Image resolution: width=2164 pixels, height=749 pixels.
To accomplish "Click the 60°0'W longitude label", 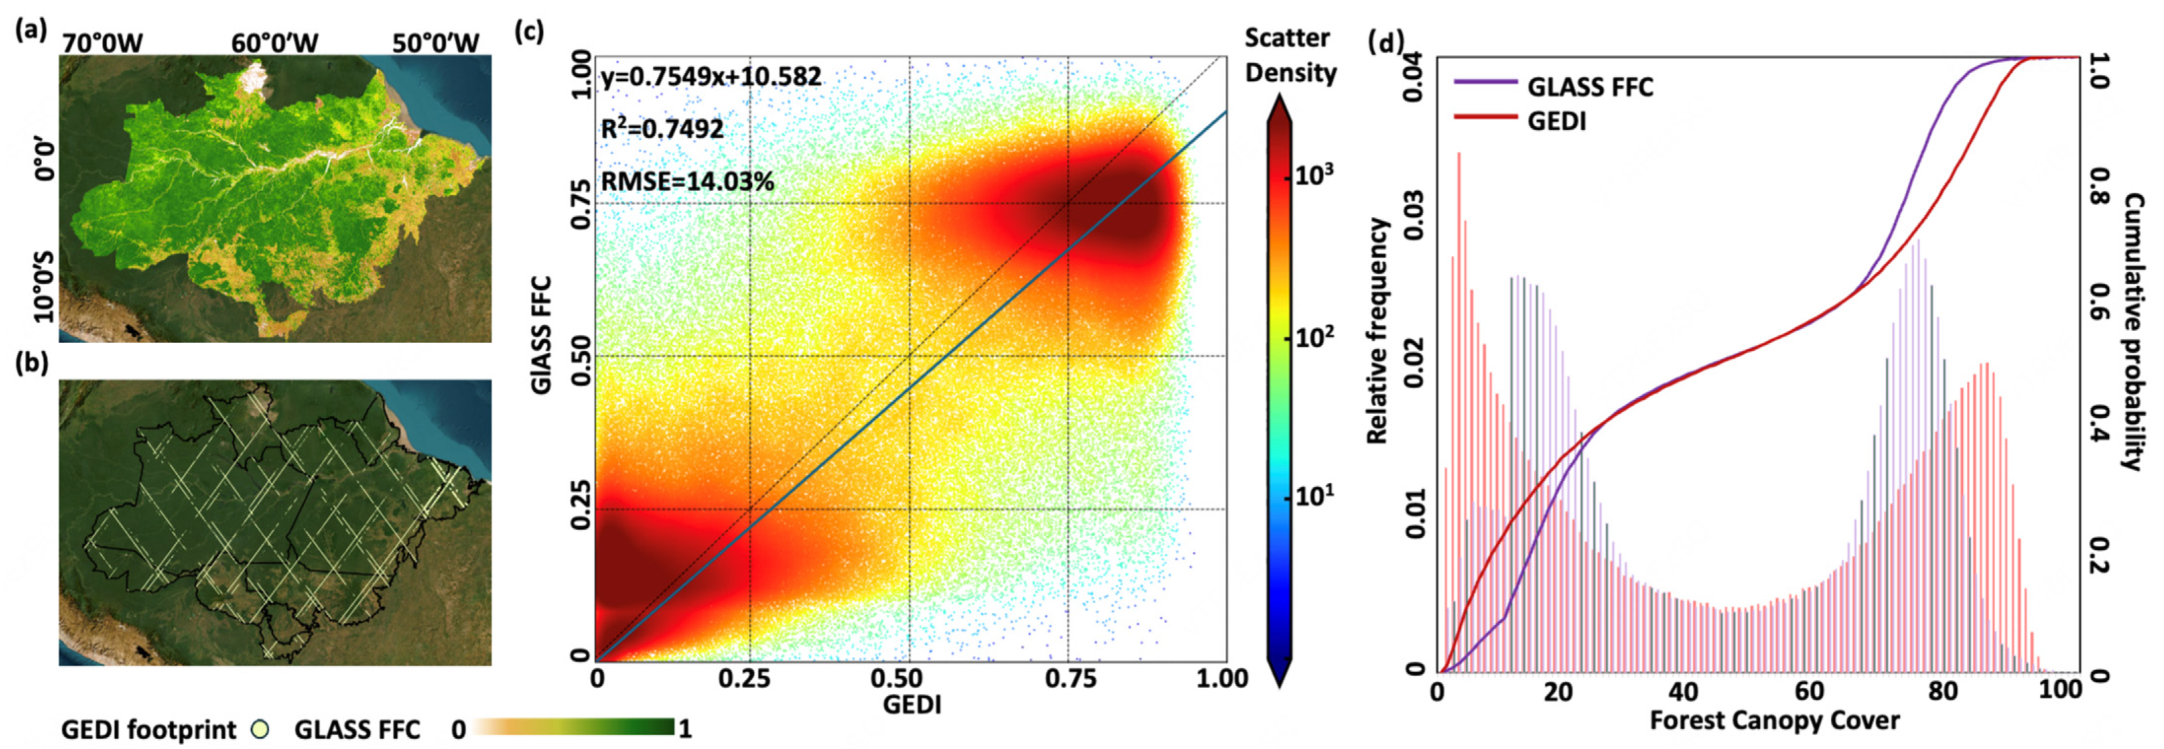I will click(x=275, y=43).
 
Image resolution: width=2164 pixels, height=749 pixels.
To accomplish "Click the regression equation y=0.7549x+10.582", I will click(x=710, y=78).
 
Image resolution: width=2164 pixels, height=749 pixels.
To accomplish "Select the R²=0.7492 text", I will click(x=662, y=129).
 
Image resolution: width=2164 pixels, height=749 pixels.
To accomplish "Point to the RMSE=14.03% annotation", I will click(x=687, y=181).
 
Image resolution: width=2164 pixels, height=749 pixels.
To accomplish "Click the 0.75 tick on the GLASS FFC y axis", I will click(x=580, y=203).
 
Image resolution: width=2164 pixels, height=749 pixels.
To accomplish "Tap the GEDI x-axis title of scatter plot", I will click(x=911, y=704).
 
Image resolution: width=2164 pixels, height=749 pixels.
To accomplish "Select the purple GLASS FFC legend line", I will click(x=1485, y=82).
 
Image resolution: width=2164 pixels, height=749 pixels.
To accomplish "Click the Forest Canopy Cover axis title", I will click(x=1774, y=721).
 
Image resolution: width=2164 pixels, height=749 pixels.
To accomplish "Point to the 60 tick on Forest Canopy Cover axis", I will click(x=1810, y=692).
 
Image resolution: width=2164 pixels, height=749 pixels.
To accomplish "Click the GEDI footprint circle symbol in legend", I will click(x=262, y=729).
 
